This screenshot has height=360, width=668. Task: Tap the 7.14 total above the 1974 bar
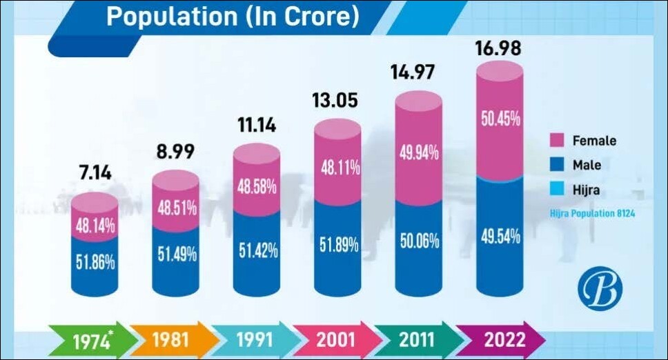click(95, 172)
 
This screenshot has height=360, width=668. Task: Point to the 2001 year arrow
click(335, 340)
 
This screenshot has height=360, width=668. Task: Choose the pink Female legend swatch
click(556, 141)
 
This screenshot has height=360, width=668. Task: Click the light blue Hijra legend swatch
click(556, 190)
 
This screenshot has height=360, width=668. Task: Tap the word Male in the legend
click(587, 166)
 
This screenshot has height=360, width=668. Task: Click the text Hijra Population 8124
click(592, 214)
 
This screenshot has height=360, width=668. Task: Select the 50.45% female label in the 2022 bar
click(500, 119)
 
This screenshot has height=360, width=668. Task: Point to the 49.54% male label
click(500, 239)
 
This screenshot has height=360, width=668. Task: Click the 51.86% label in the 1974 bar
click(95, 262)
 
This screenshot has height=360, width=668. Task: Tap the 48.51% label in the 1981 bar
click(175, 207)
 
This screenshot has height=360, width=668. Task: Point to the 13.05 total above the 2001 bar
click(337, 101)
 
